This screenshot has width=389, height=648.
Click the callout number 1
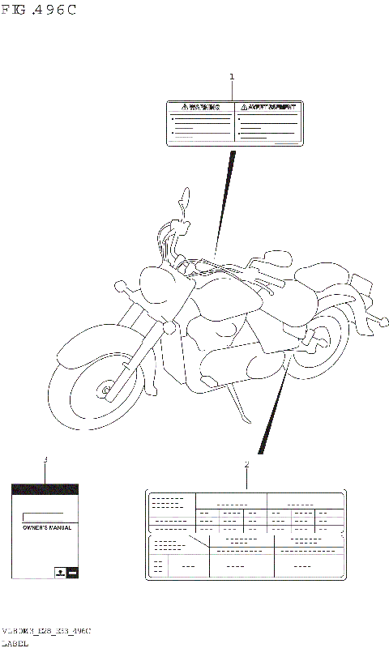coord(232,78)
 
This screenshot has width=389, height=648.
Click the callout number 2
coord(246,465)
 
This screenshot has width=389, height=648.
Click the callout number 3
coord(45,459)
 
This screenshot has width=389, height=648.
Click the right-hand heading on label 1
coord(266,107)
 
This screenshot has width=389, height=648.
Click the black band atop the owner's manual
coord(45,489)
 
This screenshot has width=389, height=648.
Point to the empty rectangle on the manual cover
coord(44,516)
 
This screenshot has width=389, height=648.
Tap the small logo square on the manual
coord(59,572)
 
